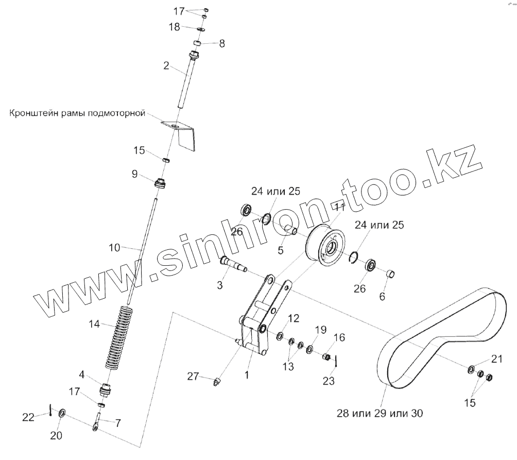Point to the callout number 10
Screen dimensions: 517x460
[114, 248]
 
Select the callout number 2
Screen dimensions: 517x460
[166, 65]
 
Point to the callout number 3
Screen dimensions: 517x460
[220, 285]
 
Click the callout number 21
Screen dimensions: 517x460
[495, 359]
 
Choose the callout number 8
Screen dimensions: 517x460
[222, 44]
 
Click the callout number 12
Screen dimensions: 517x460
[293, 319]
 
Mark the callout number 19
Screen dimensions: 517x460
[320, 329]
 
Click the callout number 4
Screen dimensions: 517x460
[83, 374]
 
